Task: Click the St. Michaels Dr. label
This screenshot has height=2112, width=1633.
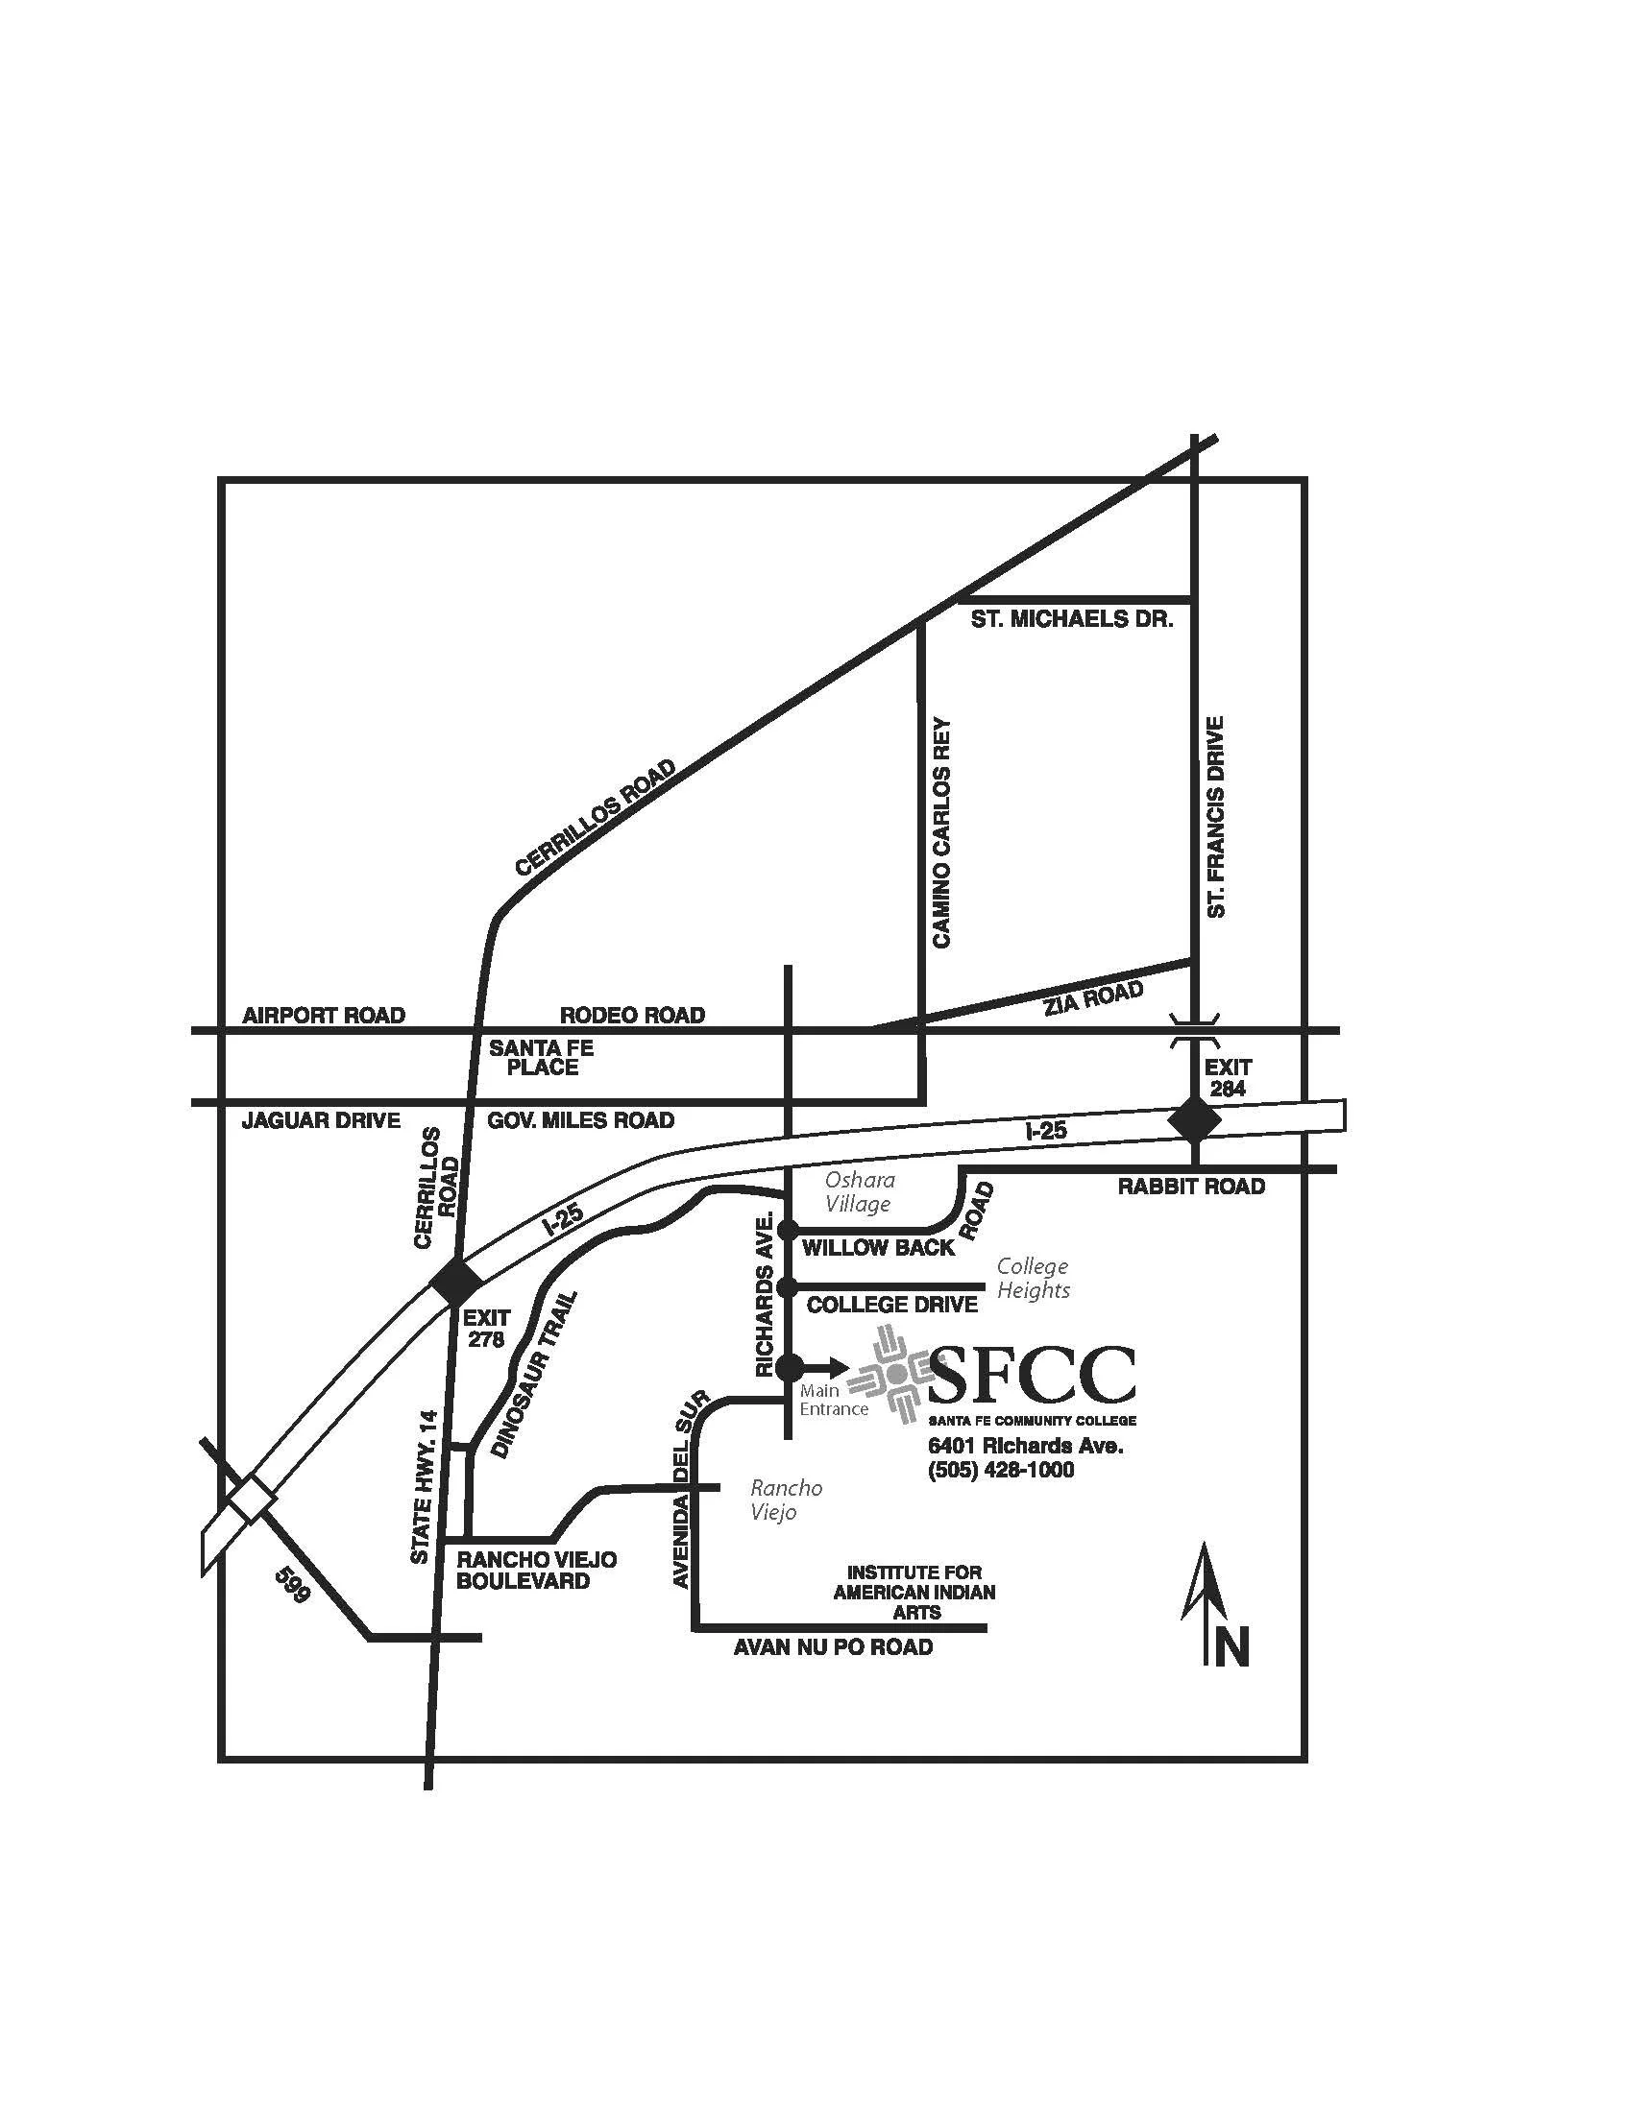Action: (1071, 619)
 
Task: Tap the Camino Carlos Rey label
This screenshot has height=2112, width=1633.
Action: (941, 831)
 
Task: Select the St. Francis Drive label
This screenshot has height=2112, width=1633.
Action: (1216, 816)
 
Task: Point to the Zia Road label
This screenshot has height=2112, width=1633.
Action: (1093, 997)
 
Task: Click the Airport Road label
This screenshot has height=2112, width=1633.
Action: (323, 1016)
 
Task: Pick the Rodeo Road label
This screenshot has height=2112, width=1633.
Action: (633, 1016)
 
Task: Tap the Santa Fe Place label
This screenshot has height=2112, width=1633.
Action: (541, 1058)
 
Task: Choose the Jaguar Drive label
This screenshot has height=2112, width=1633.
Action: (320, 1120)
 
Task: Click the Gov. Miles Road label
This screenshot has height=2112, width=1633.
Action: (580, 1120)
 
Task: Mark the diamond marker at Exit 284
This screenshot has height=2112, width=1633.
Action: (1195, 1119)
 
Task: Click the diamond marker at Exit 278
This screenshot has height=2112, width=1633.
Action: (456, 1282)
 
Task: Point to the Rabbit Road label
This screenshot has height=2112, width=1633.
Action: (1191, 1187)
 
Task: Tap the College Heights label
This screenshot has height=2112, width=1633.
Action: (1034, 1278)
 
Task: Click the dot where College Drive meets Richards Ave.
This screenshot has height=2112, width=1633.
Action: (788, 1287)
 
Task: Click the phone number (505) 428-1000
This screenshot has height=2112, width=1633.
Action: (1000, 1470)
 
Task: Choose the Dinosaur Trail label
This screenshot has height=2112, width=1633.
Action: (535, 1374)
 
